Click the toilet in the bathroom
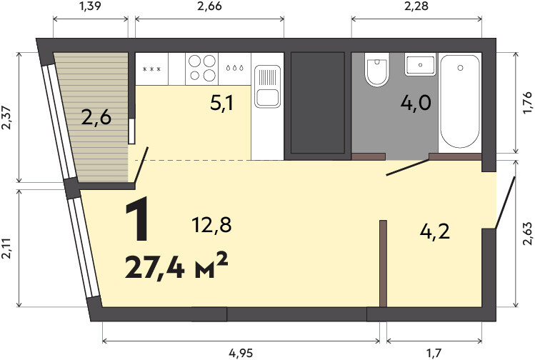click(x=376, y=69)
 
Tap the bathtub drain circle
click(x=460, y=68)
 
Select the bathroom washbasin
click(x=420, y=64)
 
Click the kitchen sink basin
click(x=268, y=98)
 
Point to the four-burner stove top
click(x=202, y=69)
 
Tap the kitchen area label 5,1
click(x=221, y=103)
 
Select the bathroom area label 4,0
click(x=416, y=103)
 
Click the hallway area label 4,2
click(x=435, y=232)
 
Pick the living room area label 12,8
click(x=211, y=225)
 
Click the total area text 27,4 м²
click(x=176, y=266)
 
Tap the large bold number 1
click(x=137, y=219)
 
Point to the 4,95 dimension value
click(x=241, y=353)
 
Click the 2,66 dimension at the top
click(x=209, y=6)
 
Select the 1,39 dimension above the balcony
click(x=91, y=6)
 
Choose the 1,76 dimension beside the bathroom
click(x=527, y=103)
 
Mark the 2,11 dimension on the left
click(x=7, y=249)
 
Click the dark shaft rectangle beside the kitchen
click(x=317, y=103)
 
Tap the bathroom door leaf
click(x=407, y=167)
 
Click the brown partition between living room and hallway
click(x=383, y=264)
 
